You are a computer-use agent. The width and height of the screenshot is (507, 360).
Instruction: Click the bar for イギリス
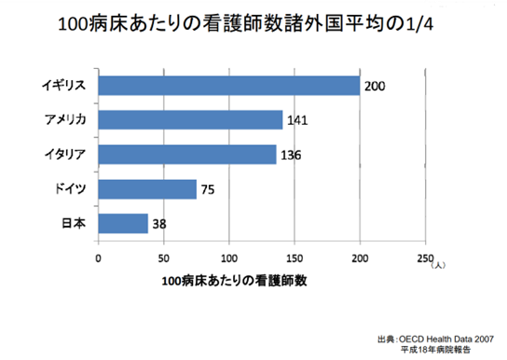point(228,86)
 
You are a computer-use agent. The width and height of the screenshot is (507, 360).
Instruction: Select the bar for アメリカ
point(190,120)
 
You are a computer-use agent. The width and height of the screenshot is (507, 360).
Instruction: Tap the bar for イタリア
point(187,155)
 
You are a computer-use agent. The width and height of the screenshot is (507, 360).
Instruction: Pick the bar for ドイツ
point(147,189)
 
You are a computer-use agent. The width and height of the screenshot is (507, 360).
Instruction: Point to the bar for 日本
point(123,224)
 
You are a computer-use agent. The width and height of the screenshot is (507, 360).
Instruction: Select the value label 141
point(297,121)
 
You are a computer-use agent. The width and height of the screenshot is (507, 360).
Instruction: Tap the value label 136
point(292,156)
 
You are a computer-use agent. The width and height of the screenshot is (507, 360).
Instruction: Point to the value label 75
point(210,190)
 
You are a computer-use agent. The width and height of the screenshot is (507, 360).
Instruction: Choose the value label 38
point(159,225)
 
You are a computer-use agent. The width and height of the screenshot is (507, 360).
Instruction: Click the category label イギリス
point(65,86)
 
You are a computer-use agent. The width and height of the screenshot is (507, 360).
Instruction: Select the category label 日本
point(75,224)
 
